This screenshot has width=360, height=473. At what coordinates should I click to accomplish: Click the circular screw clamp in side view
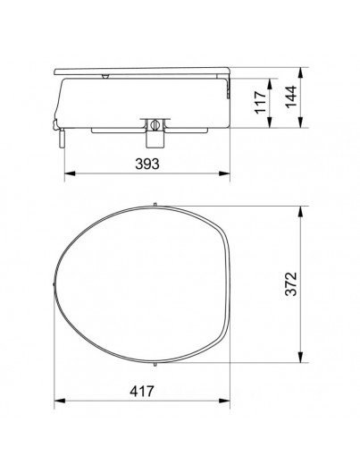click(x=153, y=124)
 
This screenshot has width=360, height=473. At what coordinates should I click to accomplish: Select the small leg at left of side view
click(x=61, y=138)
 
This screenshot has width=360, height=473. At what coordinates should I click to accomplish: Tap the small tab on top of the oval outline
click(x=156, y=204)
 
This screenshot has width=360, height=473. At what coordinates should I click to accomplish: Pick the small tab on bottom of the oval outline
click(x=156, y=367)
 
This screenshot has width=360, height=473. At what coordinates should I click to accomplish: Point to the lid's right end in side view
click(x=231, y=72)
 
